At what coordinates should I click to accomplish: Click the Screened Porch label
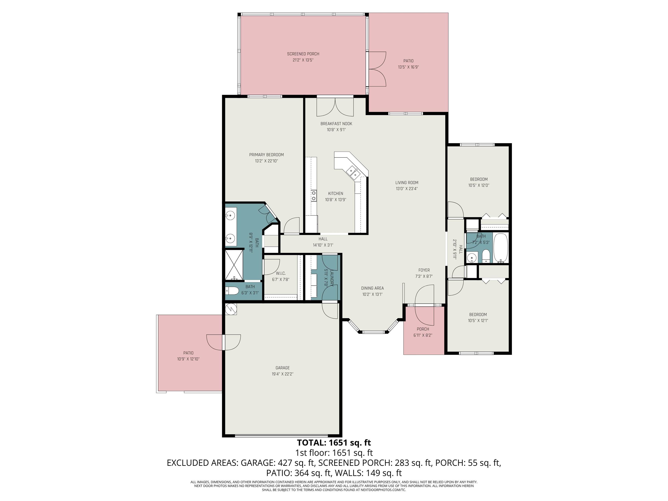tap(303, 54)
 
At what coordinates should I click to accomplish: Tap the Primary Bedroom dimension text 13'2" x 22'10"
tap(266, 161)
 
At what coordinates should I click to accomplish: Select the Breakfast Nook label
tap(336, 124)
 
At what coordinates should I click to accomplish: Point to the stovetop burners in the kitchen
tap(314, 195)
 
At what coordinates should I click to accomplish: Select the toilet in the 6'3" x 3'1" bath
tap(232, 291)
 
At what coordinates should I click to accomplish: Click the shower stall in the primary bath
tap(234, 265)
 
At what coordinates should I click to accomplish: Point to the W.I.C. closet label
tap(281, 273)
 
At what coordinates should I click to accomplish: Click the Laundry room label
tap(332, 278)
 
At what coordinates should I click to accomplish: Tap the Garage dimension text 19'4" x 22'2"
tap(282, 374)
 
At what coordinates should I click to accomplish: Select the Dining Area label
tap(372, 288)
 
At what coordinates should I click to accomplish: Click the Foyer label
tap(424, 270)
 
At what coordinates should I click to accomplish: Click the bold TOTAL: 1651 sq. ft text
tap(334, 443)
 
